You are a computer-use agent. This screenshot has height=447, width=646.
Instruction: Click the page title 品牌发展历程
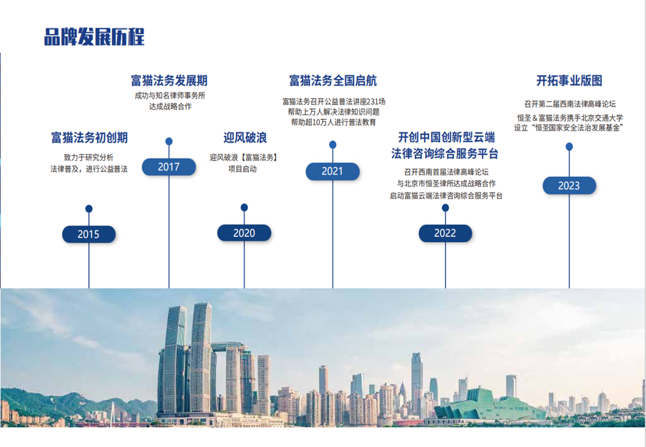pos(94,37)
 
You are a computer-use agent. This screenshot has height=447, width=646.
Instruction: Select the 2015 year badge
pos(89,234)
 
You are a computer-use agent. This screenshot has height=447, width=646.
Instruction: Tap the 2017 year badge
pos(169,167)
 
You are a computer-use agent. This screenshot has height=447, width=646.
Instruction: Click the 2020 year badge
pos(244,233)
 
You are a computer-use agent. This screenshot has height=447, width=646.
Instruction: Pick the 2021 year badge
pos(333,171)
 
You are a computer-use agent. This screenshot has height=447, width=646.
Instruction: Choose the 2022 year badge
pos(445,233)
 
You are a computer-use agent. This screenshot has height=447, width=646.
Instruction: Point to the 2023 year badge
pos(569,186)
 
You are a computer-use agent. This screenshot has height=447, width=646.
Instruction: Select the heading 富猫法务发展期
pos(169,81)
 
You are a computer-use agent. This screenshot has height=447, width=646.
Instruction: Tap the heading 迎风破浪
pos(244,137)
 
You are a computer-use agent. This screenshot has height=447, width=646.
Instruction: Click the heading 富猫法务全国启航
pos(333,81)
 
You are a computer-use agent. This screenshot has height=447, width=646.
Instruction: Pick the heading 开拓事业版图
pos(569,81)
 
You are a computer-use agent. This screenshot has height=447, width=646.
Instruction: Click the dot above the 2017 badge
pos(169,141)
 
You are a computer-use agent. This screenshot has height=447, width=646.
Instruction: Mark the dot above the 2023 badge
pos(569,146)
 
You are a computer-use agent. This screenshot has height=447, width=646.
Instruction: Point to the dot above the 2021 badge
pos(333,145)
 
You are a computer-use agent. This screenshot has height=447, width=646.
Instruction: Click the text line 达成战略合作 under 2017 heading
pos(170,107)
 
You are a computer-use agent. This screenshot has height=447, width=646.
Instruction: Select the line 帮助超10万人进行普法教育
pos(334,122)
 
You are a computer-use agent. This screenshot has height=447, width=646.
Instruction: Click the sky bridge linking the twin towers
pos(227,347)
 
